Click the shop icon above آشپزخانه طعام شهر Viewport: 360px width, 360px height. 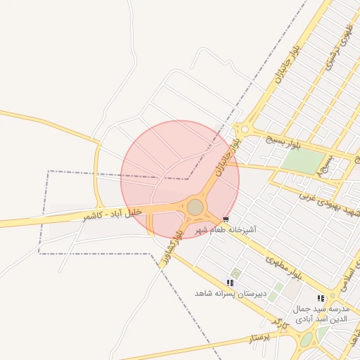(x=225, y=219)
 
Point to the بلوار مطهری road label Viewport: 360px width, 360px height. (x=284, y=269)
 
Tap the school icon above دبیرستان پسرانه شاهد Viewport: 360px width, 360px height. (x=230, y=282)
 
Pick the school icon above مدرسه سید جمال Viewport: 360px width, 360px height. (x=321, y=299)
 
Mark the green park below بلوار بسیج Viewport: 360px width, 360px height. (x=302, y=162)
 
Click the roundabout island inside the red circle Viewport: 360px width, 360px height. (x=195, y=207)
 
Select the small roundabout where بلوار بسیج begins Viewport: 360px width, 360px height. (x=244, y=129)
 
